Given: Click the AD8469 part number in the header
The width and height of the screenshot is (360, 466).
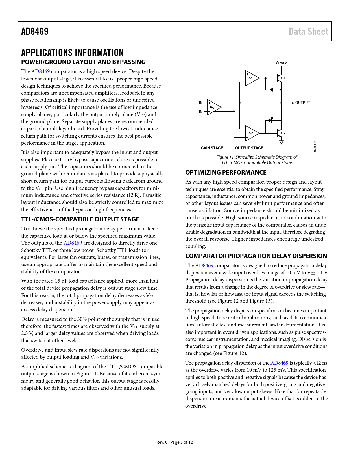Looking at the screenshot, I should pos(35,31).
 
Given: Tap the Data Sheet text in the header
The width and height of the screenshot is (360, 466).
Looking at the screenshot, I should pos(308,31).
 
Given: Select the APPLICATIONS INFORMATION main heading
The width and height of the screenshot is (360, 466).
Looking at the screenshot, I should pos(72,53).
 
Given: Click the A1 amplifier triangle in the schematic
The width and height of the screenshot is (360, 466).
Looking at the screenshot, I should pos(251,78).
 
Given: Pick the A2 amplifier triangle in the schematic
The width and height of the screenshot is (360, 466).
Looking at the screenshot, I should pos(251,133).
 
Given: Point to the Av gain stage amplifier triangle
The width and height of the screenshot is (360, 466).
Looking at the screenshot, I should pos(213,107).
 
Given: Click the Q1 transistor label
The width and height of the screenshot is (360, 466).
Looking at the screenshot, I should pos(283,78).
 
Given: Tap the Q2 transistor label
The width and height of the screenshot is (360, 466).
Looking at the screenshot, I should pos(283,133).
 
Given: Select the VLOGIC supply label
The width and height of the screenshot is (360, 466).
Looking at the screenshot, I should pos(281,63).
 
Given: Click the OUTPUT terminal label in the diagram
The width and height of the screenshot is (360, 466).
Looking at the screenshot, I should pos(302,103).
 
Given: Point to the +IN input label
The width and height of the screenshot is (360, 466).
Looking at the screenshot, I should pos(200,103).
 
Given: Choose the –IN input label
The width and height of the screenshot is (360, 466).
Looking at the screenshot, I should pos(200,112).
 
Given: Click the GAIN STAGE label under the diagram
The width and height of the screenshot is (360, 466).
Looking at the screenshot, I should pos(212,148).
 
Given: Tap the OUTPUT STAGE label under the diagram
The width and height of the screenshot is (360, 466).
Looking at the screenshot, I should pos(249,148).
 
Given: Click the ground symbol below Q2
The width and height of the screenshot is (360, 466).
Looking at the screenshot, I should pos(281,142).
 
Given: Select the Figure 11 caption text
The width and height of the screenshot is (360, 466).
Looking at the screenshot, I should pos(257,160).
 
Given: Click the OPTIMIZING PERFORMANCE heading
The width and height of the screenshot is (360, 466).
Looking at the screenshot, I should pos(226,173).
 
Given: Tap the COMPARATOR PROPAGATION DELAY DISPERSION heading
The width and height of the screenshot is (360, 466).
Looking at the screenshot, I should pos(256,256).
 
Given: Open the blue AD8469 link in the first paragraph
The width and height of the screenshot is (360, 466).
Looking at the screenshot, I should pos(40,71).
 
